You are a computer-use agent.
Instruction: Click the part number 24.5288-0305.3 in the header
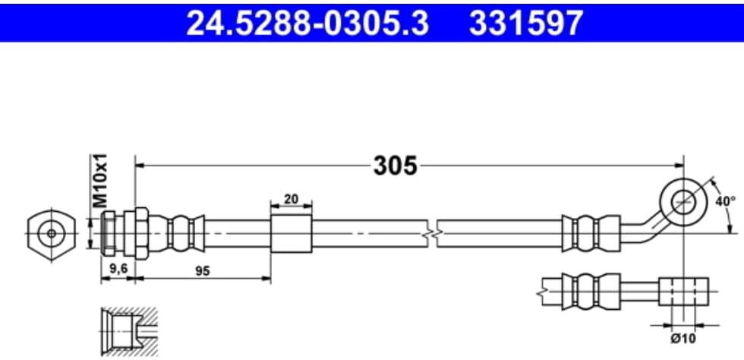307,22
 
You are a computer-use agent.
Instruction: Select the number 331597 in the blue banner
527,22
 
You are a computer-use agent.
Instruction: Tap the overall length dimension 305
395,165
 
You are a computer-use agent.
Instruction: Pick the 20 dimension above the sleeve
291,200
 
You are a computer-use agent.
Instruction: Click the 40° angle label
726,201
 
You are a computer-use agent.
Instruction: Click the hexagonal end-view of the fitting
51,232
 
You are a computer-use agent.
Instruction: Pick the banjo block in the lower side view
683,291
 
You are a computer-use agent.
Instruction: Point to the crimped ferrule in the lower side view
585,291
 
